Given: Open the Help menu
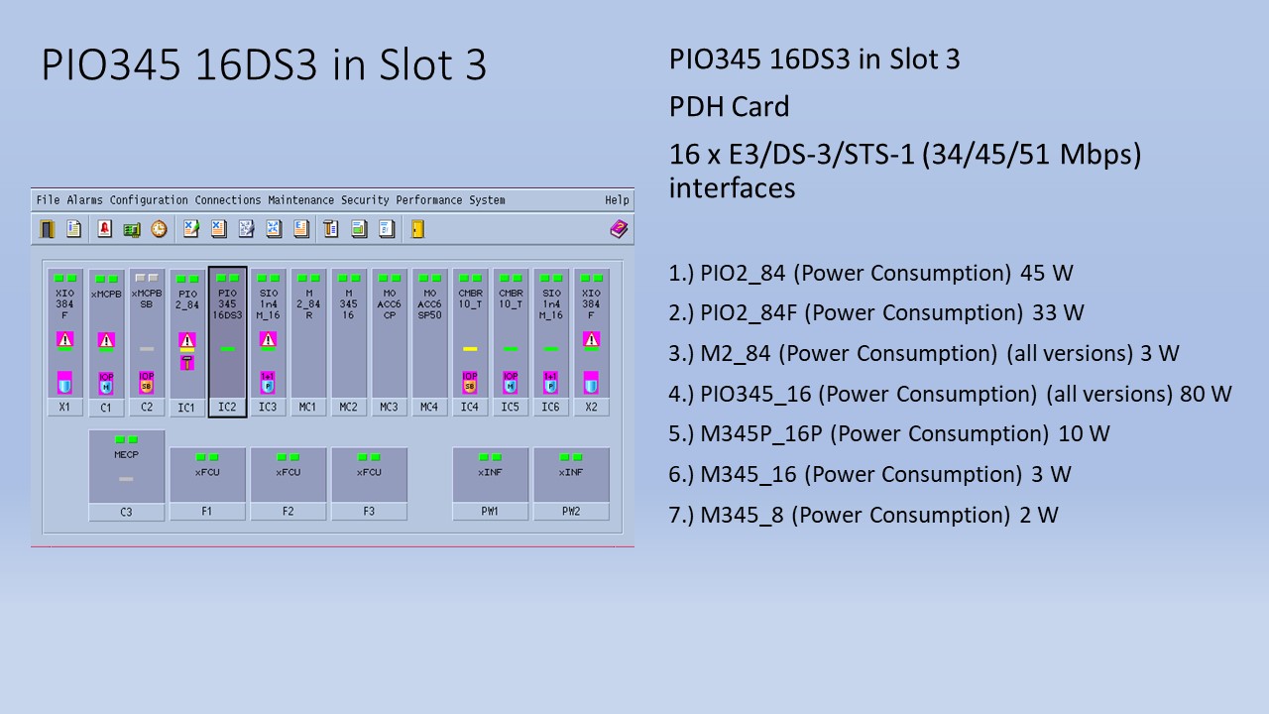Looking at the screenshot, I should (x=617, y=200).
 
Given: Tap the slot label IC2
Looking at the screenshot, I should (x=227, y=408).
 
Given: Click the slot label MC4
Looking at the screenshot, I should (x=429, y=408).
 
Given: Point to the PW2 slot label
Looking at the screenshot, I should (x=571, y=512).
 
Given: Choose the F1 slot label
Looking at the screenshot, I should (x=207, y=512).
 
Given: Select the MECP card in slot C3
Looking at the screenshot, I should (x=126, y=466).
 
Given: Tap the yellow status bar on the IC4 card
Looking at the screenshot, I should (x=470, y=349).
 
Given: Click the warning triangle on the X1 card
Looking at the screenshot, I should (x=64, y=339).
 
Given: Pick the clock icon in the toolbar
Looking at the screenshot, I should (x=159, y=229).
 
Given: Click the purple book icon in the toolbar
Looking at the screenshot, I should (x=619, y=229).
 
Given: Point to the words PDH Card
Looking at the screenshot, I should (x=729, y=107).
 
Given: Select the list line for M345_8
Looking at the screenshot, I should (x=863, y=515).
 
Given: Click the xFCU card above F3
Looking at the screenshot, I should (x=369, y=475).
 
